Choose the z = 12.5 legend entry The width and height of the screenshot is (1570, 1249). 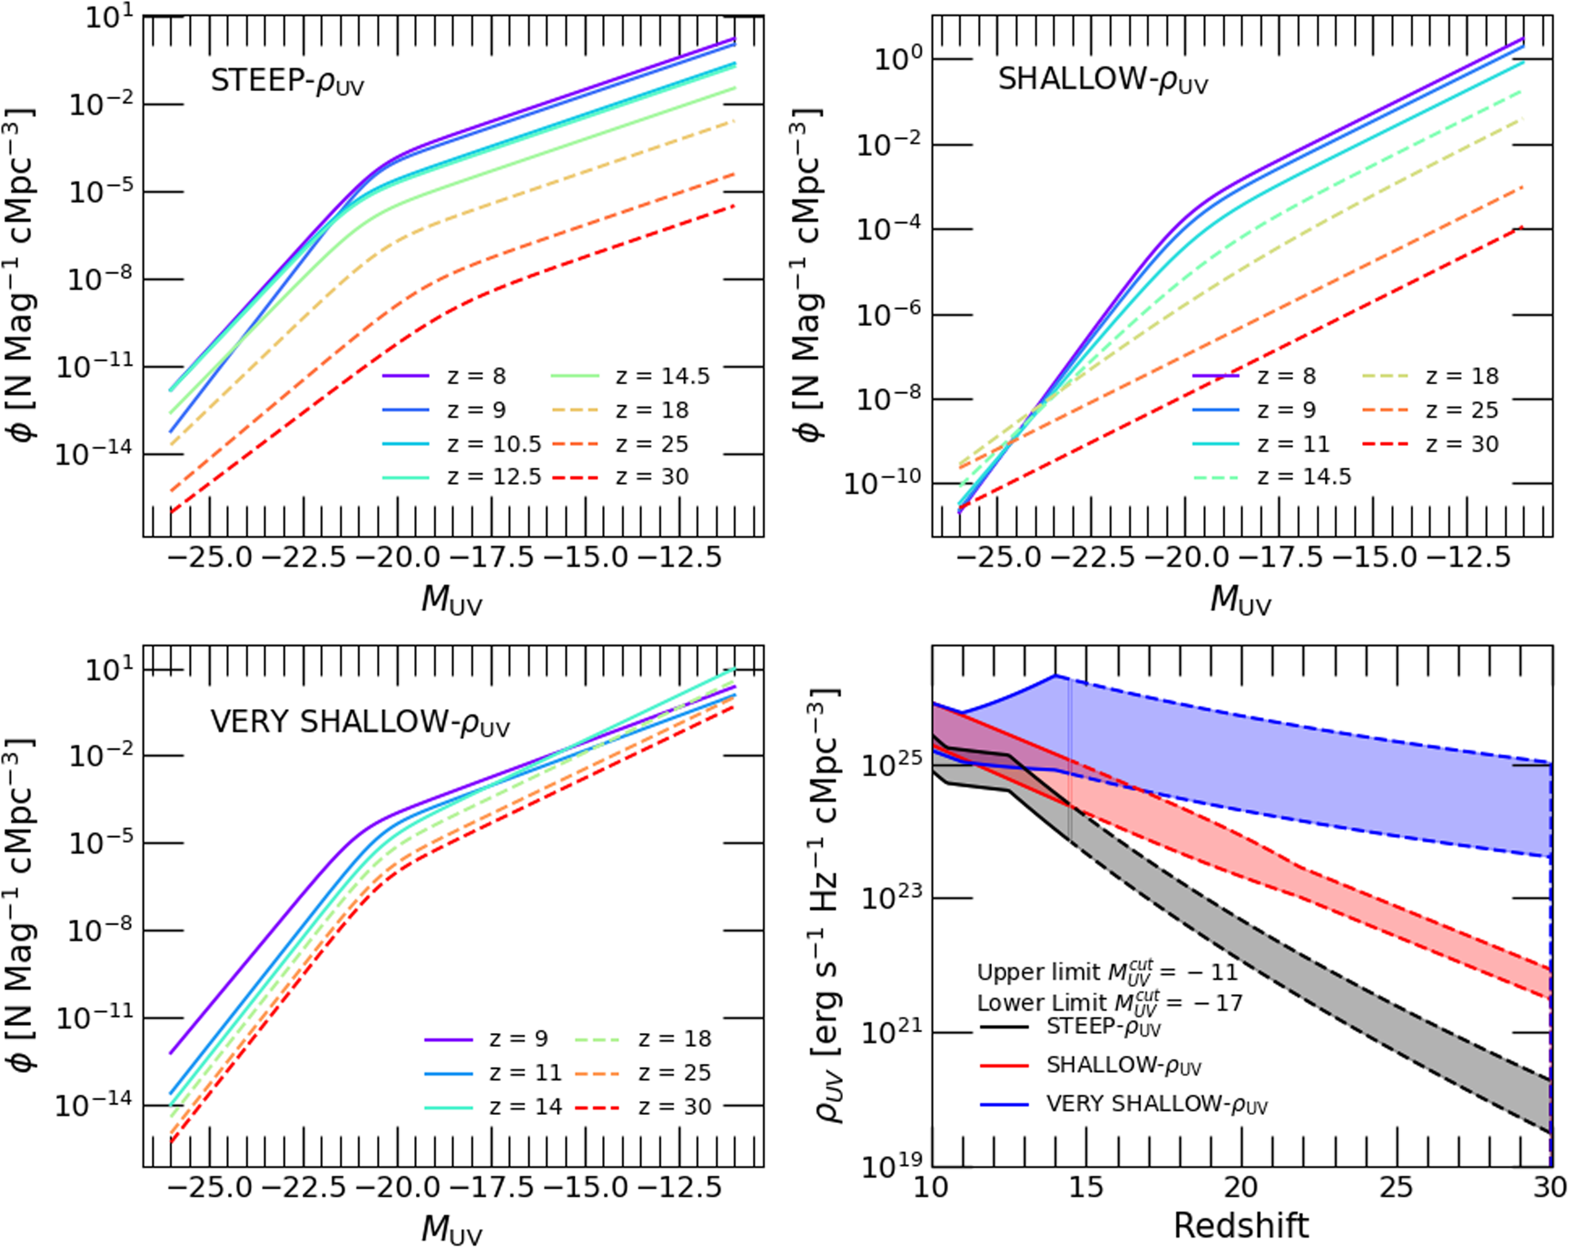pyautogui.click(x=462, y=477)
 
